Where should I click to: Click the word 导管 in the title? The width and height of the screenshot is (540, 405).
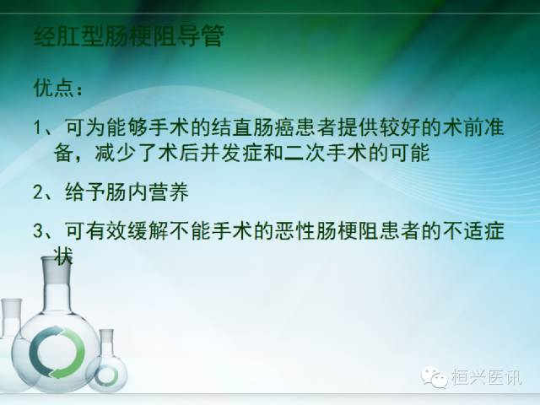coord(202,37)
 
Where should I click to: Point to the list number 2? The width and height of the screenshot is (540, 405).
coord(39,192)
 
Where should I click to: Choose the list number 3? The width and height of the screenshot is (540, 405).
coord(39,230)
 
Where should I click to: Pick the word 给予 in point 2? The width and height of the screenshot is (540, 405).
coord(83,192)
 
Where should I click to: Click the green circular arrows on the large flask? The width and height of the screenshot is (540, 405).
coord(57,348)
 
